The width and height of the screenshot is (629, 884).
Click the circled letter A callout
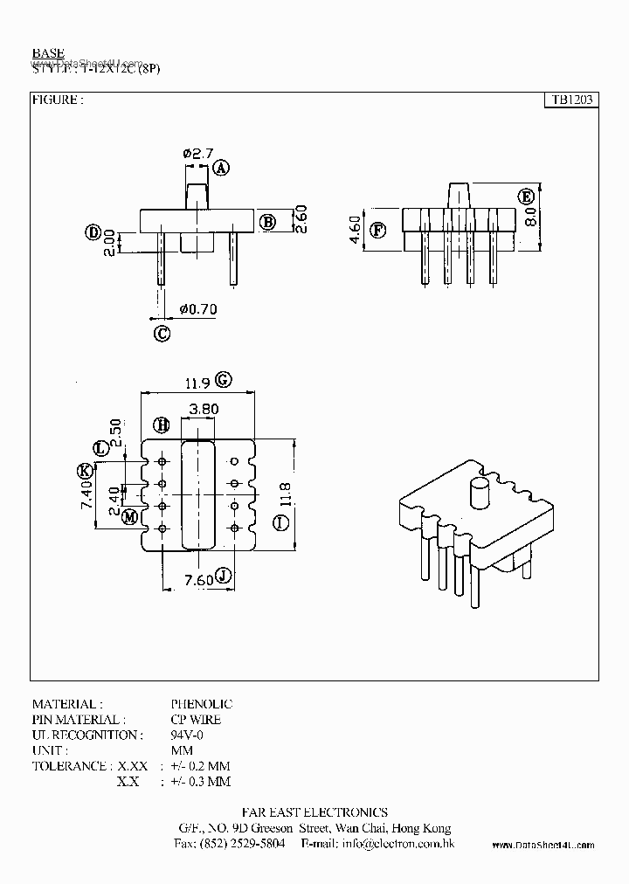pyautogui.click(x=221, y=168)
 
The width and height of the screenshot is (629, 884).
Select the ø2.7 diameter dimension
pyautogui.click(x=198, y=154)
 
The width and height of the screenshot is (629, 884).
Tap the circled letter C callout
pyautogui.click(x=161, y=332)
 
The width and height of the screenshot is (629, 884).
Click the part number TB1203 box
pyautogui.click(x=570, y=100)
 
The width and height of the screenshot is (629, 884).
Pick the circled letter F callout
pyautogui.click(x=377, y=231)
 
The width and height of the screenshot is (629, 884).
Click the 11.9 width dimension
pyautogui.click(x=197, y=382)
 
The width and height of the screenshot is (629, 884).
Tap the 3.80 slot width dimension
pyautogui.click(x=203, y=408)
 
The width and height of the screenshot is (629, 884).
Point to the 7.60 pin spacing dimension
pyautogui.click(x=199, y=579)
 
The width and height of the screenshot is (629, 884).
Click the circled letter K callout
pyautogui.click(x=85, y=472)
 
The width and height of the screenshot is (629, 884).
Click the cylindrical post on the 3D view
pyautogui.click(x=480, y=494)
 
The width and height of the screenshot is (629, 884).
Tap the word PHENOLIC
pyautogui.click(x=201, y=704)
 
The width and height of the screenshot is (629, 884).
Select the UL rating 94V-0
pyautogui.click(x=187, y=736)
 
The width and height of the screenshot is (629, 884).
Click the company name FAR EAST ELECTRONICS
pyautogui.click(x=314, y=812)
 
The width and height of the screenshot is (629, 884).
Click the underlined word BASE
pyautogui.click(x=48, y=53)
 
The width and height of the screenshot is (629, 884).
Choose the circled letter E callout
pyautogui.click(x=526, y=196)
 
